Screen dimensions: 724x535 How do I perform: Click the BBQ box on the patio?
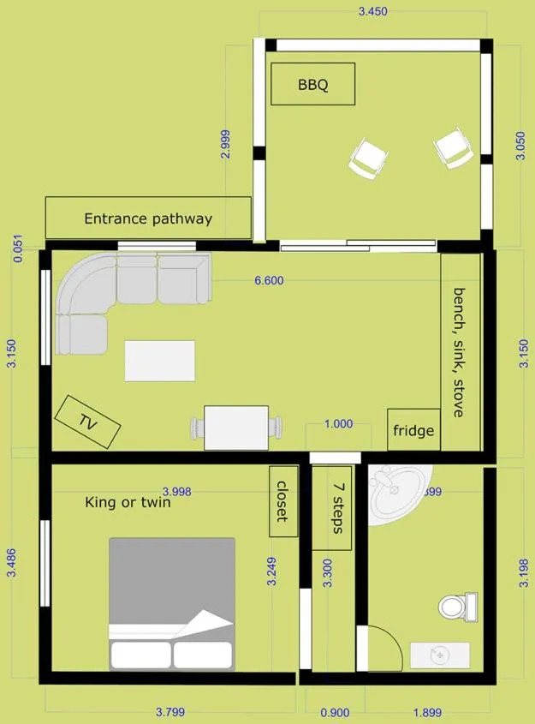tap(313, 85)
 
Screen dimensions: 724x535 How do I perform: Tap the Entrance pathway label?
tap(147, 218)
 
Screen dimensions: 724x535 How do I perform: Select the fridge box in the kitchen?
tap(413, 430)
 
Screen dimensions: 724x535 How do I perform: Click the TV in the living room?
tap(87, 422)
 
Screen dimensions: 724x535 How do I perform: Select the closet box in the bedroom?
tap(283, 501)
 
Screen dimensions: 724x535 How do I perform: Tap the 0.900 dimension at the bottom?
tap(334, 712)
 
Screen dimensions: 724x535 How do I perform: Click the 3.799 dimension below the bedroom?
tap(169, 712)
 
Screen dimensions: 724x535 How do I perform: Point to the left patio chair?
tap(366, 159)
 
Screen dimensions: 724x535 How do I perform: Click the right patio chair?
tap(453, 148)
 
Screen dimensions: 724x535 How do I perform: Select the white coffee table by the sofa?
tap(160, 361)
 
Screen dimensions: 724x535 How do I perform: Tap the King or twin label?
tap(128, 502)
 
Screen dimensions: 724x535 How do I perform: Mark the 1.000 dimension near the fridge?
tap(339, 424)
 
